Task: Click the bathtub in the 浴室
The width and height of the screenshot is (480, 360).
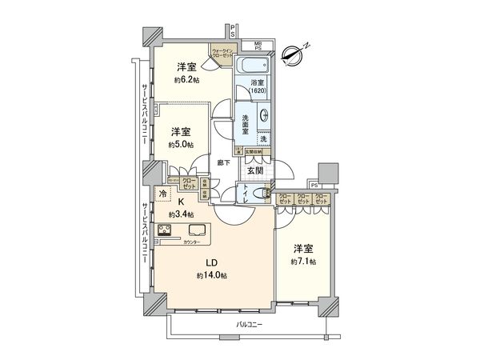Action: pyautogui.click(x=250, y=64)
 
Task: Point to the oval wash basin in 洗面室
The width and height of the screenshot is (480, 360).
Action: pyautogui.click(x=265, y=117)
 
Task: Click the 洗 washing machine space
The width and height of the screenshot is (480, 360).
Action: pyautogui.click(x=264, y=139)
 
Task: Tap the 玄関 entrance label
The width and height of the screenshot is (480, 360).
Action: pyautogui.click(x=254, y=170)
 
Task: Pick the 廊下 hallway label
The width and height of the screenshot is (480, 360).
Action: pyautogui.click(x=225, y=162)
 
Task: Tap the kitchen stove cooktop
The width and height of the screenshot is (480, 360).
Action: pyautogui.click(x=167, y=233)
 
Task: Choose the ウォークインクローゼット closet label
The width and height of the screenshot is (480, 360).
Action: pyautogui.click(x=222, y=54)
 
